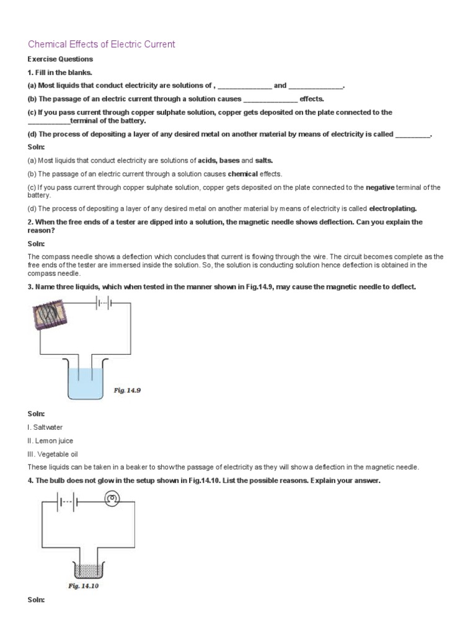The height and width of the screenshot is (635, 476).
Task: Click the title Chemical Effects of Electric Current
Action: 102,44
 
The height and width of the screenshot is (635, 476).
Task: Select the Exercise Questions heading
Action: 60,60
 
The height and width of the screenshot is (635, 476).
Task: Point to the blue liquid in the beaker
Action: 86,384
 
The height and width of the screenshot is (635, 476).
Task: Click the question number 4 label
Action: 30,481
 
